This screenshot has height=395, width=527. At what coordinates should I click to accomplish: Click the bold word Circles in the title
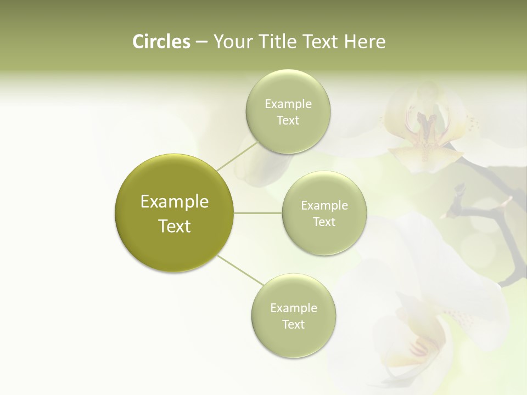[161, 42]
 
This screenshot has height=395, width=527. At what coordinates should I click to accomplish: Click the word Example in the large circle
[175, 202]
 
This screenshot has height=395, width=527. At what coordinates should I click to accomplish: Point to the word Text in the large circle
[175, 226]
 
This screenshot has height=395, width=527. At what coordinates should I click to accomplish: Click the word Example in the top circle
[288, 104]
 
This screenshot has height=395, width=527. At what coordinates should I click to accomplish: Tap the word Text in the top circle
[288, 121]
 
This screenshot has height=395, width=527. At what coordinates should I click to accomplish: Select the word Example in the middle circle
[324, 206]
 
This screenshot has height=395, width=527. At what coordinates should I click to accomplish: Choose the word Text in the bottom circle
[293, 325]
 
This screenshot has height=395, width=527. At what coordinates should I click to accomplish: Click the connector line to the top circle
[237, 156]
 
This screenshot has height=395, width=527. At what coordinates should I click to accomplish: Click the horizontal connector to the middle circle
[258, 213]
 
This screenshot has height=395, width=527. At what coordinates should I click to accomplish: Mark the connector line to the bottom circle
[240, 270]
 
